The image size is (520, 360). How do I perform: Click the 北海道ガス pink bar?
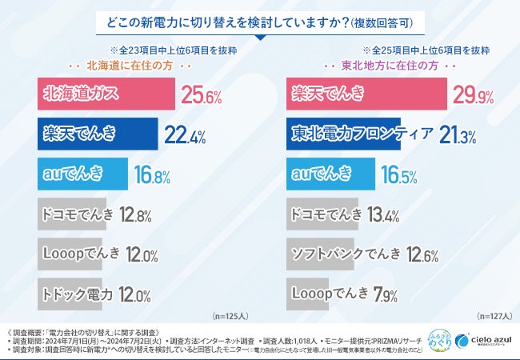[x=106, y=95]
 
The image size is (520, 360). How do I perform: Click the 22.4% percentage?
[x=186, y=134]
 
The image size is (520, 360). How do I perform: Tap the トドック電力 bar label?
[x=77, y=294]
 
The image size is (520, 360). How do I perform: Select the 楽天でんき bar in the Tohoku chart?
[x=365, y=95]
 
